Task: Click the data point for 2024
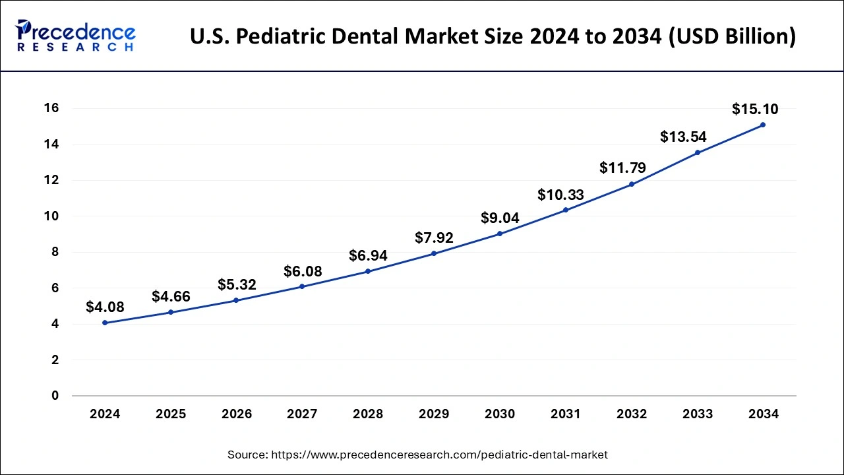[105, 323]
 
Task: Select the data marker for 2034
[763, 125]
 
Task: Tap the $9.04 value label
[500, 218]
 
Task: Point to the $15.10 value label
[754, 109]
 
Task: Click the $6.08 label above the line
[303, 271]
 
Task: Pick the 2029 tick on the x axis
[434, 414]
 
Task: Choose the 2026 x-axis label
[237, 414]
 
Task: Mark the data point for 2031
[566, 210]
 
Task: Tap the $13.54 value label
[684, 137]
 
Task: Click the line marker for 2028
[368, 271]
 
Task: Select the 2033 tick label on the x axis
[698, 414]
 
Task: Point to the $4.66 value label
[171, 297]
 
